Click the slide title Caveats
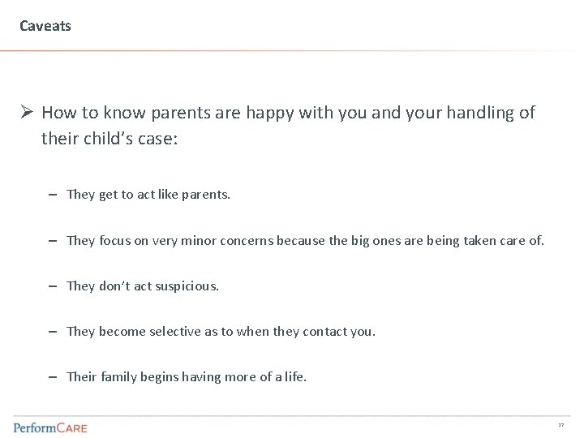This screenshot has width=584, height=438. [x=45, y=26]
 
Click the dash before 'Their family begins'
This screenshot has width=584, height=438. [x=52, y=377]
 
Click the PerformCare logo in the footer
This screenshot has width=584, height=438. [x=50, y=426]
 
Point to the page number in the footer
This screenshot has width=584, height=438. [x=560, y=425]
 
